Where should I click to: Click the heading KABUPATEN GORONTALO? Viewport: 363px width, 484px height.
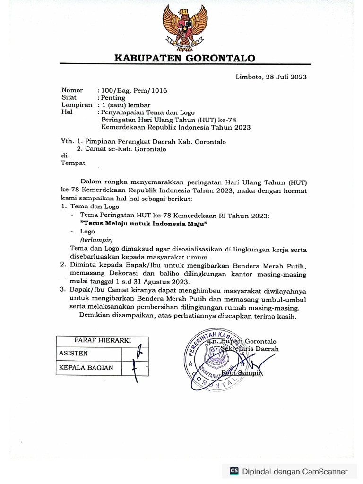(x=185, y=58)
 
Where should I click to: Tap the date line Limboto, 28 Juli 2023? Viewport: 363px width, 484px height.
(x=271, y=77)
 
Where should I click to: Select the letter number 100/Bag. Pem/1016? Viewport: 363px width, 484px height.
(x=133, y=90)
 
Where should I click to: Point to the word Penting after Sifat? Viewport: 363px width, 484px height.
(x=112, y=98)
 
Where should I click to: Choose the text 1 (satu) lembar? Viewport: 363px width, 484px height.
(x=124, y=105)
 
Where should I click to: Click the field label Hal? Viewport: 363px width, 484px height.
(x=68, y=112)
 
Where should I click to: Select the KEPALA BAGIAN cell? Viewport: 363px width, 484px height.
(x=86, y=367)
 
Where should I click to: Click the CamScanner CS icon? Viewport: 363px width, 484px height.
(x=234, y=471)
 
